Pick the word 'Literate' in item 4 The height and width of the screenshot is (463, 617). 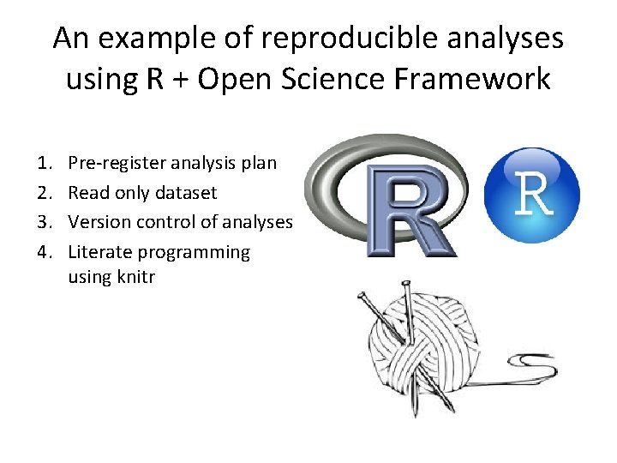99,252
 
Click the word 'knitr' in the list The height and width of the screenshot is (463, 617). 135,278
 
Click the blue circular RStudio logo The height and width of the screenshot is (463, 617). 531,195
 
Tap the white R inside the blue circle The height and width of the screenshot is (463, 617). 534,195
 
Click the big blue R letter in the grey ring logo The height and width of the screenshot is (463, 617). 410,210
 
